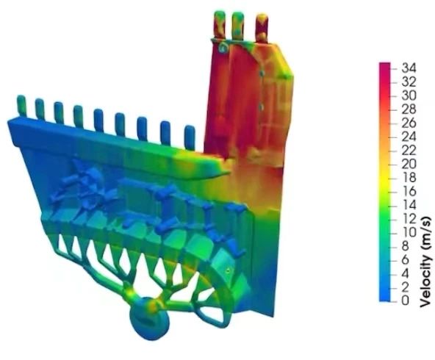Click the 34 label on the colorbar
(409, 68)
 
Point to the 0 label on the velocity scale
(406, 300)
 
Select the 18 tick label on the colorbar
(409, 178)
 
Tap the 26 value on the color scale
(409, 123)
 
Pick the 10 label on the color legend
(409, 232)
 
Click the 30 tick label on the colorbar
(409, 96)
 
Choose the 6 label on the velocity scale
(406, 259)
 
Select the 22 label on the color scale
(409, 151)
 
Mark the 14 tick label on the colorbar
(409, 205)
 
